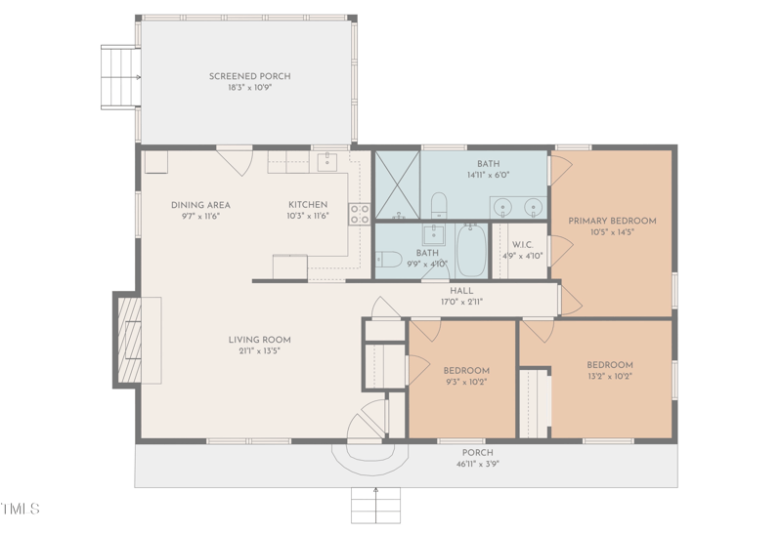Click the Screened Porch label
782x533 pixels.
(249, 76)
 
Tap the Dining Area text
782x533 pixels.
(200, 205)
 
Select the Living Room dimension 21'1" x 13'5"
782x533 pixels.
(259, 350)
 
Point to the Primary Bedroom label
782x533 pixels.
(612, 221)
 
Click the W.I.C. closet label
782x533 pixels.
(521, 245)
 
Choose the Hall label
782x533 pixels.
(461, 291)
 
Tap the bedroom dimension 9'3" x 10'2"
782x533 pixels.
(465, 382)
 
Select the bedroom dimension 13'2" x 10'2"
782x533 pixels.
(610, 376)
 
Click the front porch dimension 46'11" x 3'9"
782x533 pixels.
(477, 464)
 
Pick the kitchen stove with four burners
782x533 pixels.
(359, 213)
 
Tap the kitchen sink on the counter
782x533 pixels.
(326, 161)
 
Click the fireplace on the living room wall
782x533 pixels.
(130, 340)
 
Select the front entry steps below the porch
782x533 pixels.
(377, 505)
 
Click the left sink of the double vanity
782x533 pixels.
(501, 206)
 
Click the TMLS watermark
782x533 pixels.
(21, 509)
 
